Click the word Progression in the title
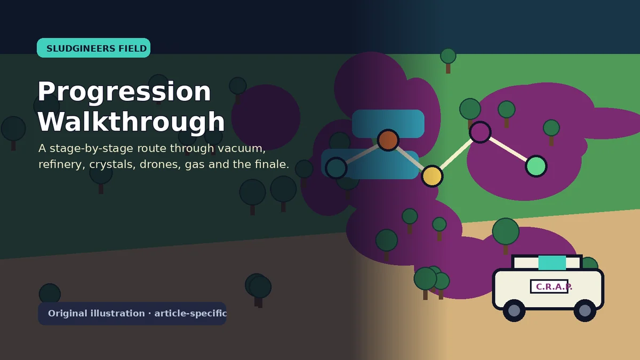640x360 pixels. [x=124, y=92]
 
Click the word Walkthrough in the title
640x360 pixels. [x=131, y=122]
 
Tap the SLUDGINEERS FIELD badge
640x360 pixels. [x=93, y=47]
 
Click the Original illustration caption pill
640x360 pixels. [x=132, y=314]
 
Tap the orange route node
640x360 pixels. [x=388, y=140]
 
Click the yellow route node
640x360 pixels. [x=432, y=176]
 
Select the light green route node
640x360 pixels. [x=536, y=166]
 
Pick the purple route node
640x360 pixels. [x=480, y=132]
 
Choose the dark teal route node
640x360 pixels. [x=336, y=168]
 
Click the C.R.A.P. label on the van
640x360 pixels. [x=554, y=286]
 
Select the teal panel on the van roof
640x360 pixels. [x=552, y=263]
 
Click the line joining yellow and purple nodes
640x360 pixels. [x=456, y=154]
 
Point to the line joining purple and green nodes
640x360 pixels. [x=508, y=149]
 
